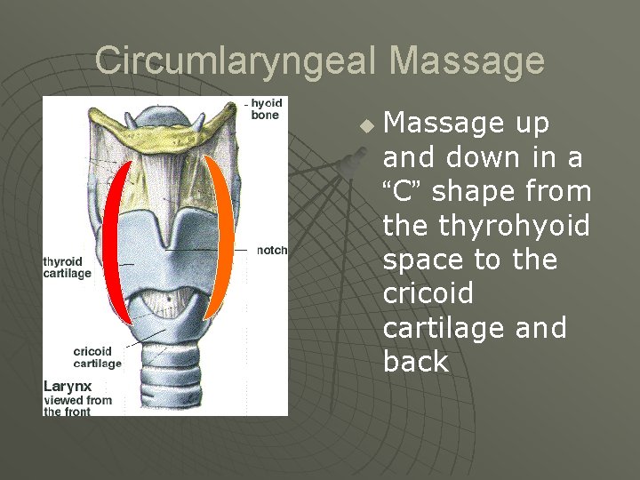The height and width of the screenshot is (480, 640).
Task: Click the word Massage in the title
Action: [x=467, y=61]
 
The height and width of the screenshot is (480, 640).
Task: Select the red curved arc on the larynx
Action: [x=109, y=240]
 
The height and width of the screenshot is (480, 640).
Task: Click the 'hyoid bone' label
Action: [x=264, y=109]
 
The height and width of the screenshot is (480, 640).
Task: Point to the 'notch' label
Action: [x=272, y=250]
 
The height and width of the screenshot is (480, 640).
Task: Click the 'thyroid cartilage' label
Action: [x=68, y=268]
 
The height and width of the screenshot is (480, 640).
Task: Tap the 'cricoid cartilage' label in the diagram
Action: [x=98, y=357]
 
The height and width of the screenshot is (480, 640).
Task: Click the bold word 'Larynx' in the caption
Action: [x=68, y=387]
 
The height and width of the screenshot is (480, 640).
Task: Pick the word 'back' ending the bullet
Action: [x=416, y=362]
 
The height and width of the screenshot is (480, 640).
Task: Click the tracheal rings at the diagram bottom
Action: [x=168, y=382]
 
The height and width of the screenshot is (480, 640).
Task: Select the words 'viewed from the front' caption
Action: [x=78, y=405]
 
